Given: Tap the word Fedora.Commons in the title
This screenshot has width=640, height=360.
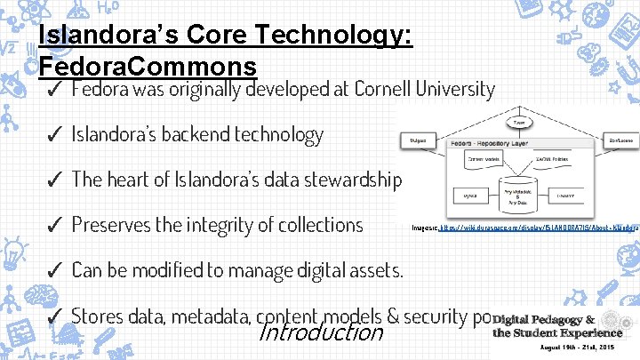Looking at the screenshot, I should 148,67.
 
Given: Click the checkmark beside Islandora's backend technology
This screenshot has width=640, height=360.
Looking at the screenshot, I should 52,135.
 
